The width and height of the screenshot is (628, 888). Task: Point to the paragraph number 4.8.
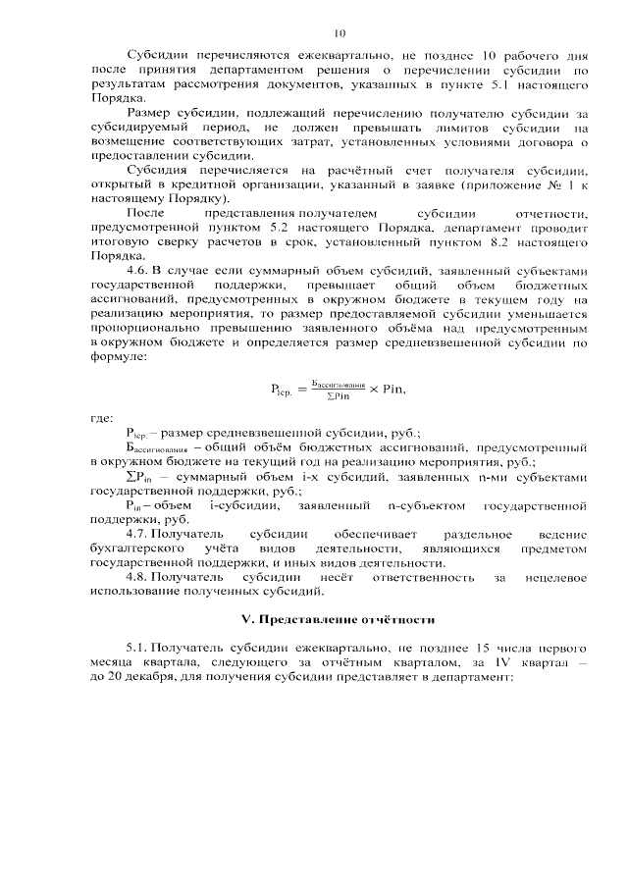coord(139,579)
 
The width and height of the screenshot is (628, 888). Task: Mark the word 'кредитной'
coord(208,184)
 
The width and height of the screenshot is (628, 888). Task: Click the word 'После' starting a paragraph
coord(144,213)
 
